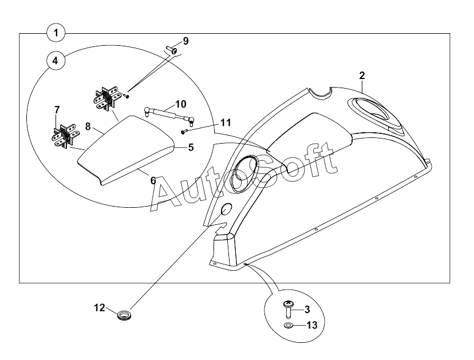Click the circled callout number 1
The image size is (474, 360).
click(x=56, y=33)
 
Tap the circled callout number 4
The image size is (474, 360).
click(x=56, y=61)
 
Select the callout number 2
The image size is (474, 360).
click(x=362, y=76)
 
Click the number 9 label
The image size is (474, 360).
click(x=185, y=41)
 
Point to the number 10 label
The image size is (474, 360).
click(x=180, y=104)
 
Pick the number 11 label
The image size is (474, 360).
click(x=210, y=122)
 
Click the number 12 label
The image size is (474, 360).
click(x=99, y=308)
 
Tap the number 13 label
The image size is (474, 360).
click(x=311, y=325)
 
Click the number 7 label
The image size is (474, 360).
click(x=57, y=109)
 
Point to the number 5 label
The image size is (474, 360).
click(x=191, y=147)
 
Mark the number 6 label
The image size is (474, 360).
click(x=153, y=180)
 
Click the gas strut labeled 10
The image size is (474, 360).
click(x=168, y=113)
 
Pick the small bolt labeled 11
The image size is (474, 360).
click(x=183, y=132)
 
